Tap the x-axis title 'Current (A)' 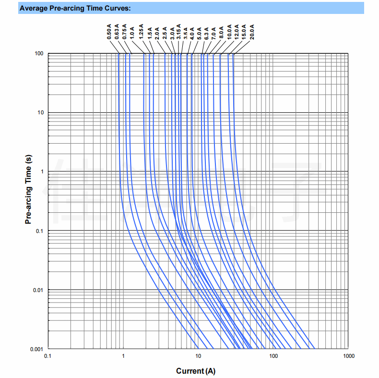tap(196, 371)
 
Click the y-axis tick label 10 tap(40, 112)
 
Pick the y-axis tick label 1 tap(42, 171)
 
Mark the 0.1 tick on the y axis tap(40, 231)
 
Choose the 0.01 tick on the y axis tap(38, 290)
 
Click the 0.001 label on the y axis tap(37, 349)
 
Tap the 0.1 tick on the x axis tap(48, 356)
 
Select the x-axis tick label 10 tap(198, 356)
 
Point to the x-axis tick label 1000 tap(348, 356)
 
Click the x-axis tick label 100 tap(273, 356)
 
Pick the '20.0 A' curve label tap(252, 31)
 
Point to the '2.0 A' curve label tap(157, 32)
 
